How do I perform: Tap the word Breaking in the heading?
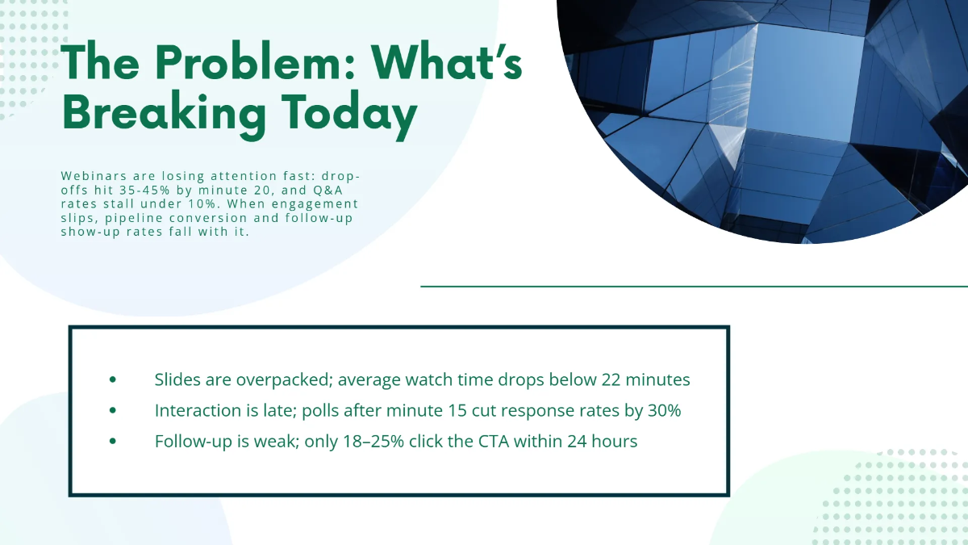pos(163,113)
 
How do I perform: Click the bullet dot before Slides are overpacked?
pos(112,379)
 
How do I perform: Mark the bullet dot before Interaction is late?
pos(112,411)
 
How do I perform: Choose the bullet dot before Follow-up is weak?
pos(112,442)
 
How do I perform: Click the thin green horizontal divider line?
pos(694,286)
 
